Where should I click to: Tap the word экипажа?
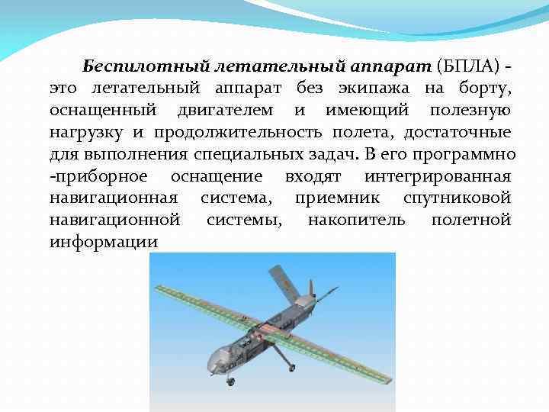point(364,89)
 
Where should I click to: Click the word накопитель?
point(356,220)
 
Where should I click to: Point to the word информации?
point(104,243)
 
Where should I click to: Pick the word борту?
point(486,89)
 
